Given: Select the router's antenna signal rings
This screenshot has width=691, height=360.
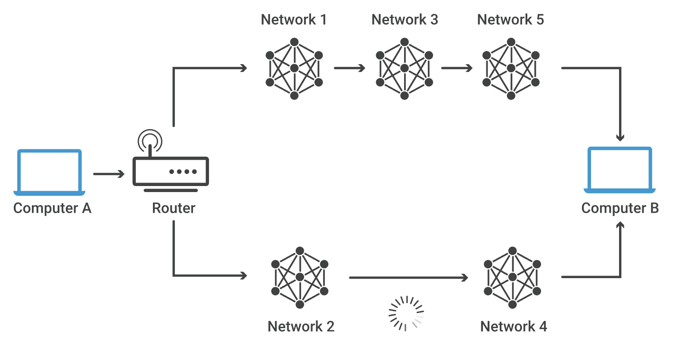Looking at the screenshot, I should tap(150, 140).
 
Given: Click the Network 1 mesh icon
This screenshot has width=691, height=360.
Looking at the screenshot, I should tap(294, 68).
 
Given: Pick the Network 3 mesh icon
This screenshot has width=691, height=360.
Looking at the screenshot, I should tap(404, 68).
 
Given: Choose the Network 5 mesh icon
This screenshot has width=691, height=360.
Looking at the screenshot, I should tap(511, 68).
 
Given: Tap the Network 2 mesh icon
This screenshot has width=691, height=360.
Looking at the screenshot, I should tap(300, 277).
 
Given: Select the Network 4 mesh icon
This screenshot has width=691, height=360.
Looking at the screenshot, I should tap(512, 277).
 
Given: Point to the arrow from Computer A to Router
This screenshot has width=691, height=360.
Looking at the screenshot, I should tap(109, 174).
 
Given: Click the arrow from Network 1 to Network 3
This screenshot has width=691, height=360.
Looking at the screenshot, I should tap(349, 68).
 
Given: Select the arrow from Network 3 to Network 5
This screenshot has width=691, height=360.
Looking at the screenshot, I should tap(457, 68).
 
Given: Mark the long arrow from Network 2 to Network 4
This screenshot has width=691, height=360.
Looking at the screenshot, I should tap(408, 278).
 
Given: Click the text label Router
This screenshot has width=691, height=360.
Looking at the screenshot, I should tap(174, 208).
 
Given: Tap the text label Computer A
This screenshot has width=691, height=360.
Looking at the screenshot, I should tap(52, 208).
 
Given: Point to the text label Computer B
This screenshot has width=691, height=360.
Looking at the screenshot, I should tap(620, 208).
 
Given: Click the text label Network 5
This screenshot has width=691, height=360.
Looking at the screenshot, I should tap(510, 20).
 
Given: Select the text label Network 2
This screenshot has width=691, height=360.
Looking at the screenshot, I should tap(301, 327).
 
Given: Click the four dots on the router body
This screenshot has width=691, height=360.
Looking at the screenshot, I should tap(183, 172).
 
